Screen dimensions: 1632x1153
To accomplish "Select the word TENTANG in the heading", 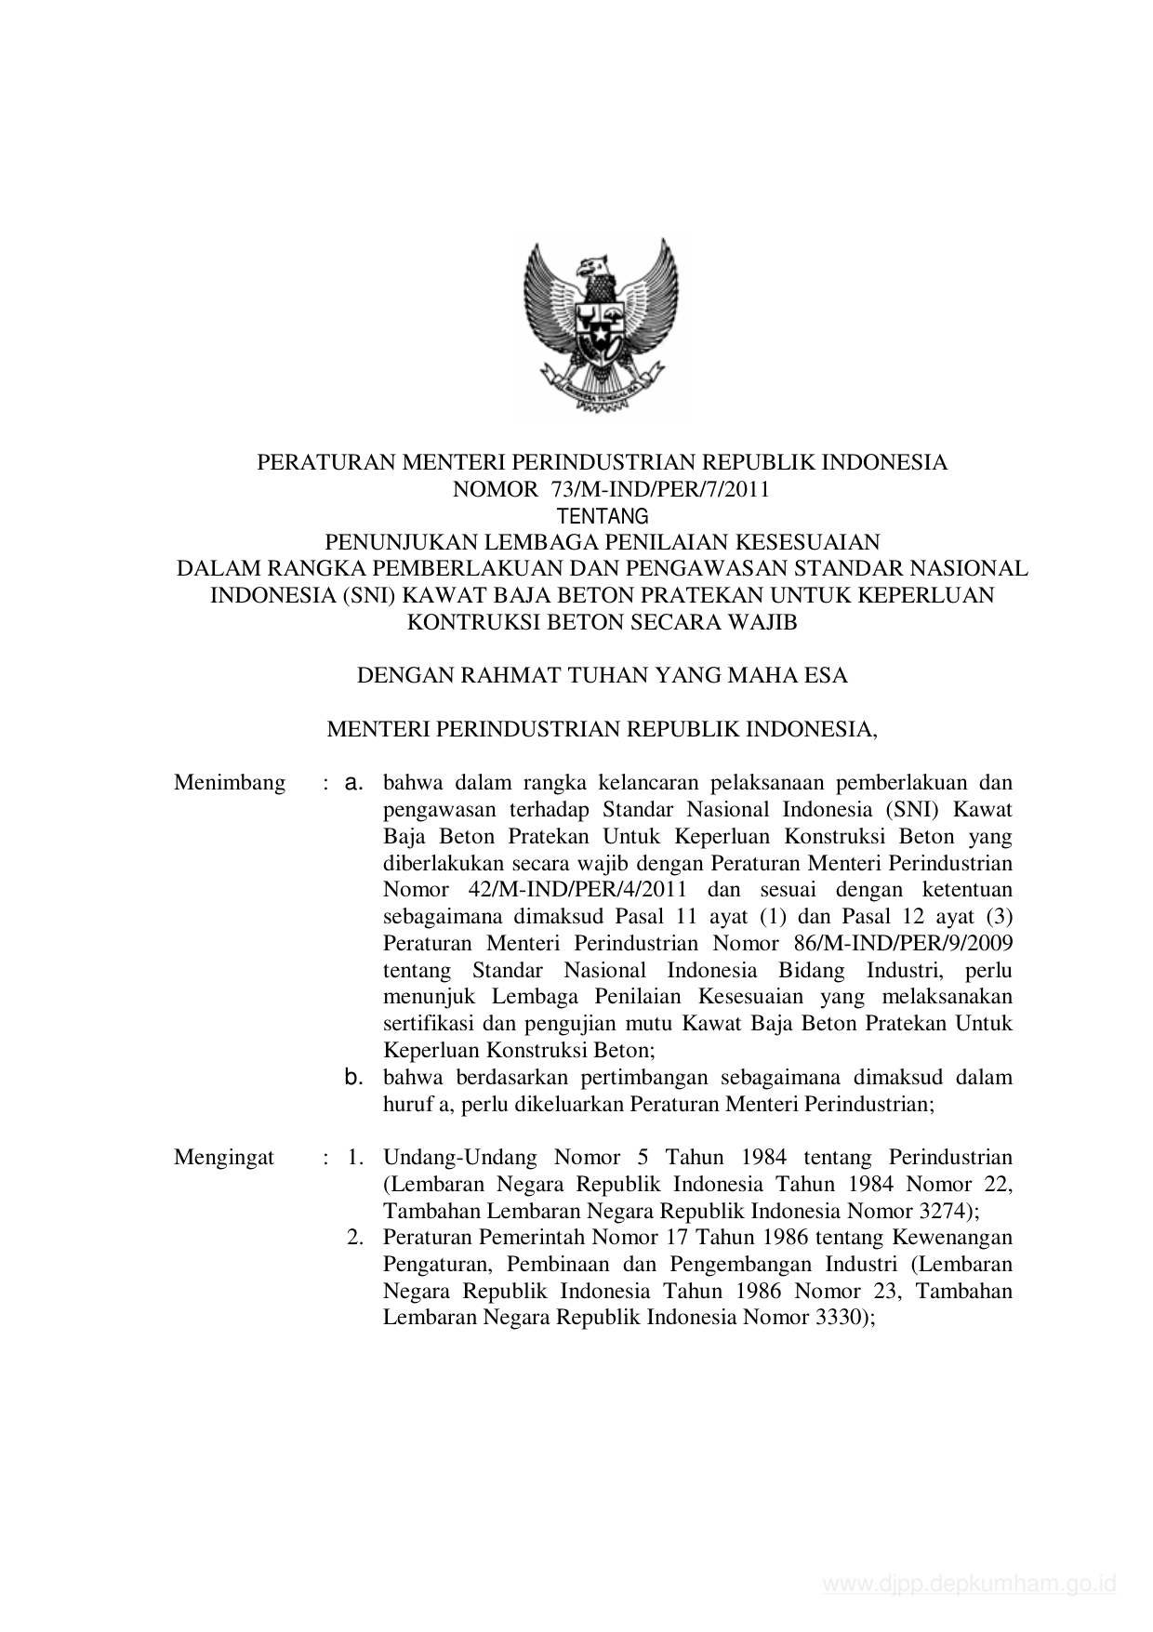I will point(602,516).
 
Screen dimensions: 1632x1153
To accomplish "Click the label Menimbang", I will point(230,783).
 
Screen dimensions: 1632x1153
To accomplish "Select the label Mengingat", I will point(224,1158).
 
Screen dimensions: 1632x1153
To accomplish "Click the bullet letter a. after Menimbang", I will point(353,783).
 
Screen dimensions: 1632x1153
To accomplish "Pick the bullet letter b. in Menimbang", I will point(353,1078).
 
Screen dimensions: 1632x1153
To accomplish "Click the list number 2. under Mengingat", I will point(354,1239).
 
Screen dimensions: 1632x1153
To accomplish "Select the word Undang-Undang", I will point(459,1158).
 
